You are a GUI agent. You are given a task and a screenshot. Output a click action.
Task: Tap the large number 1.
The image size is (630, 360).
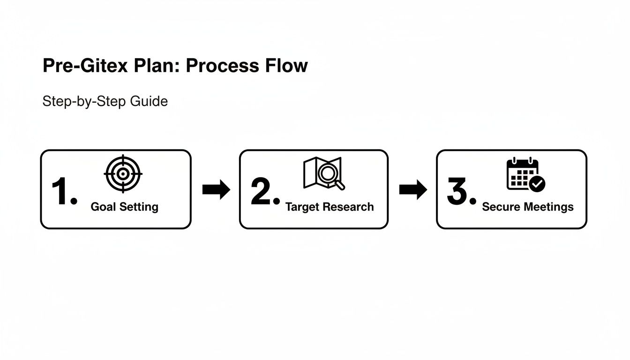click(63, 192)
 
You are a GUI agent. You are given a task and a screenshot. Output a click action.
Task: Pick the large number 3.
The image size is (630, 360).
click(461, 192)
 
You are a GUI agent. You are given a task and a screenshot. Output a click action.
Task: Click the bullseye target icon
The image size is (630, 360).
click(123, 174)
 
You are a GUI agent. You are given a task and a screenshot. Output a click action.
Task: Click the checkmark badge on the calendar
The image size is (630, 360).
click(537, 184)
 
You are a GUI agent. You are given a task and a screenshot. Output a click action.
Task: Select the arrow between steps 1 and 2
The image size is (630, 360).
click(216, 190)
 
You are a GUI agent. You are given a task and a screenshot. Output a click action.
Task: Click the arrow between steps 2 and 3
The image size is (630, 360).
click(413, 190)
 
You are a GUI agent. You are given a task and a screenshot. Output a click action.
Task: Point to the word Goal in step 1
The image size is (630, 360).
click(103, 207)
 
